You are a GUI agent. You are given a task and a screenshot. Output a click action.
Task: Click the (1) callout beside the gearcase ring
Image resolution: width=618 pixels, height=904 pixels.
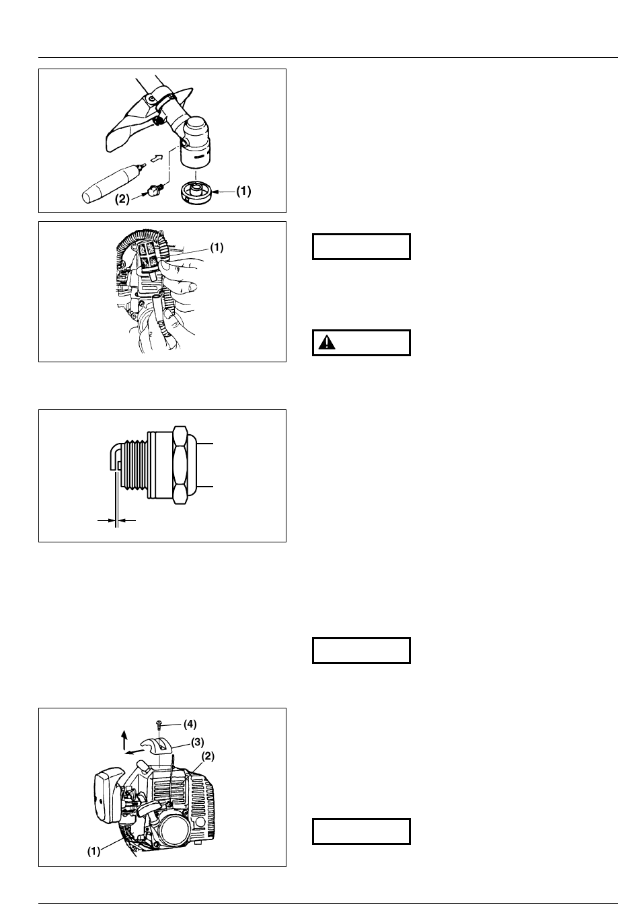tap(243, 191)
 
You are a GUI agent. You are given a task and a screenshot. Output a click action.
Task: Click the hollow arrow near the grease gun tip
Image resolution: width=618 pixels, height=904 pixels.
tap(155, 159)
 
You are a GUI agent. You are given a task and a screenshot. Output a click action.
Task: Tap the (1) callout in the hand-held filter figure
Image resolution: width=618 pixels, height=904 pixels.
tap(217, 247)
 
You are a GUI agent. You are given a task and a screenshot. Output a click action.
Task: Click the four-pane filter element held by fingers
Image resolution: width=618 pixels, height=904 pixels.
tap(149, 257)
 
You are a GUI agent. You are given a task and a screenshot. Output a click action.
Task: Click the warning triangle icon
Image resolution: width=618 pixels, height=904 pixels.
tap(327, 342)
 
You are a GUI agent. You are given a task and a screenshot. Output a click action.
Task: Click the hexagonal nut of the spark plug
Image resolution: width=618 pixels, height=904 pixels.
tap(180, 464)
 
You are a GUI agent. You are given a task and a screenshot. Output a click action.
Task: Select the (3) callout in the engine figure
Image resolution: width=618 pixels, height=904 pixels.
tap(196, 742)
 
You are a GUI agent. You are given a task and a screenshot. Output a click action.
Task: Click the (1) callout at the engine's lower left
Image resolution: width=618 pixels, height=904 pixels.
tap(94, 850)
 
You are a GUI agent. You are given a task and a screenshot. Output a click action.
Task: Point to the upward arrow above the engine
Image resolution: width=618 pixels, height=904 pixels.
tap(124, 739)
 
